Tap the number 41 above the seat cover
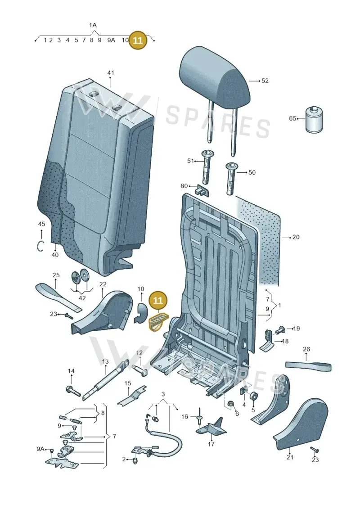[111, 73]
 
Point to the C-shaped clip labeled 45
[40, 246]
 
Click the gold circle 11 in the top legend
[138, 40]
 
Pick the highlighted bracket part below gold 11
[158, 321]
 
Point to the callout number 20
[296, 237]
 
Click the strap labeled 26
[308, 365]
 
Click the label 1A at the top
[93, 25]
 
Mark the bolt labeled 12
[140, 370]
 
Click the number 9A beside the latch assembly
[40, 449]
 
